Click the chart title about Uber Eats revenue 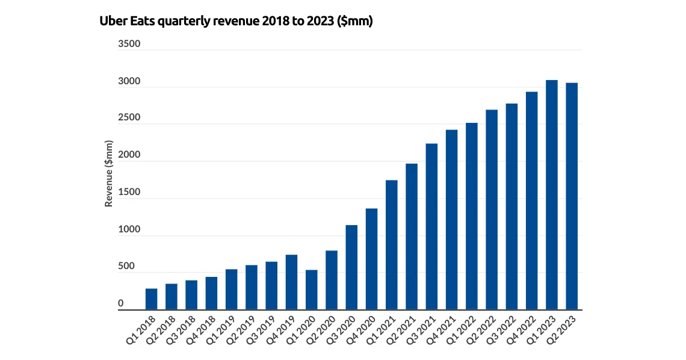coord(236,22)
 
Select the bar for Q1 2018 coord(151,299)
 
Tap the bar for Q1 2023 coord(552,195)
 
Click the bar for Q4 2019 coord(291,282)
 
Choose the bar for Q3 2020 coord(351,267)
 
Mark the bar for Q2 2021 coord(412,237)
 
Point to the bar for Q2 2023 coord(572,196)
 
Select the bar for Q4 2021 coord(451,220)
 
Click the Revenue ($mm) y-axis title coord(109,174)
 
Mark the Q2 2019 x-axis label coord(242,331)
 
